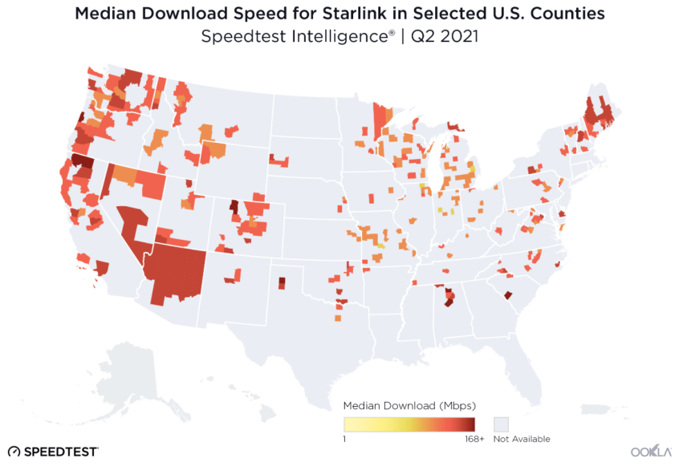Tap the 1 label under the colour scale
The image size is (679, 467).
coord(344,439)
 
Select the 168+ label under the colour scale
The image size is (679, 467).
coord(474,439)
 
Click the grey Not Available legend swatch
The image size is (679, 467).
coord(502,424)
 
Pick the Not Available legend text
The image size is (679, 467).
coord(522,439)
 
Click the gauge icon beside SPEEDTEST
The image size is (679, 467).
coord(14,452)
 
